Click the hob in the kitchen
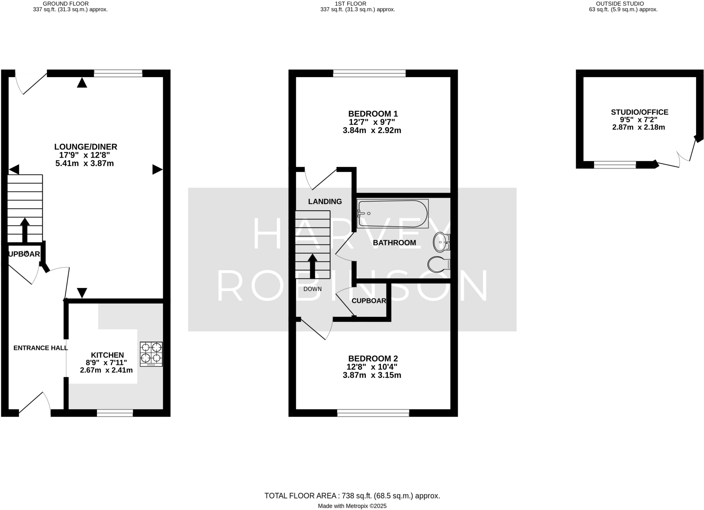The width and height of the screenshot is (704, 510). click(151, 354)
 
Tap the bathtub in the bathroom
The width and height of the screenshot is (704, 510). click(393, 214)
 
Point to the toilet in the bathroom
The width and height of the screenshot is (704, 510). click(439, 264)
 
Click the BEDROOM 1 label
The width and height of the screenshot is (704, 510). click(373, 114)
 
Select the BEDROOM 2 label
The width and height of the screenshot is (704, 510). click(373, 359)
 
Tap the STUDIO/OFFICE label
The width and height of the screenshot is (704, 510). click(639, 112)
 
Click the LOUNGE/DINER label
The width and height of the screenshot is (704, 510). click(86, 147)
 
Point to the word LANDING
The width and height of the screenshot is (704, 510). click(325, 202)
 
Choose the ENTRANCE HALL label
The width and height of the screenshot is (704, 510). click(41, 348)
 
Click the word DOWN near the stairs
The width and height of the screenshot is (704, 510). click(312, 289)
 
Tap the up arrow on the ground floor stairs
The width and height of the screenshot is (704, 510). click(25, 230)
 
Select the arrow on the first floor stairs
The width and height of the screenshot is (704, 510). click(312, 266)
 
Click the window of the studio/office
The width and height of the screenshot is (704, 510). click(615, 165)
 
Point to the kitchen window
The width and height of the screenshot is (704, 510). click(115, 413)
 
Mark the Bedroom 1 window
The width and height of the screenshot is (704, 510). click(369, 73)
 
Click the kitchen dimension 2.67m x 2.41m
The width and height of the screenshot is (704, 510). click(106, 370)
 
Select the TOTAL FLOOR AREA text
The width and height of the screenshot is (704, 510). click(352, 496)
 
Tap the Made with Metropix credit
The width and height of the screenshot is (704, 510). click(352, 506)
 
